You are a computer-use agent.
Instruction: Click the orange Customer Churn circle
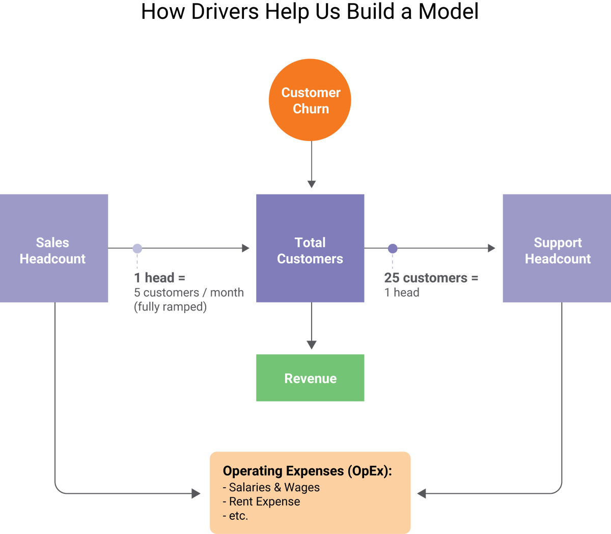pyautogui.click(x=310, y=100)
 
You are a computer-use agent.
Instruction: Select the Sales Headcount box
pyautogui.click(x=53, y=248)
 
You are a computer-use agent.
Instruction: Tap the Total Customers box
pyautogui.click(x=310, y=248)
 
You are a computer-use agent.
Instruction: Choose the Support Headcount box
pyautogui.click(x=557, y=248)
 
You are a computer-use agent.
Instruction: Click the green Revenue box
pyautogui.click(x=310, y=378)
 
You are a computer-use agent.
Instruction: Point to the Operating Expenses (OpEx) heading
pyautogui.click(x=307, y=471)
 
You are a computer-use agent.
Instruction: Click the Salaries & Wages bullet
pyautogui.click(x=271, y=487)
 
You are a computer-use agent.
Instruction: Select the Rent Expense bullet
pyautogui.click(x=262, y=501)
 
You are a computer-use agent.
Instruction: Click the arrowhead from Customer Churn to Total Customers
pyautogui.click(x=312, y=183)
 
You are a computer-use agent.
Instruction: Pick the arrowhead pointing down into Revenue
pyautogui.click(x=312, y=344)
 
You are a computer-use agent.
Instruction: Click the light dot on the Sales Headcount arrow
pyautogui.click(x=137, y=248)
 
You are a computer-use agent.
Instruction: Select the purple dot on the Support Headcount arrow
pyautogui.click(x=393, y=248)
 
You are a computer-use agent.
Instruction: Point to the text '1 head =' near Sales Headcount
pyautogui.click(x=159, y=278)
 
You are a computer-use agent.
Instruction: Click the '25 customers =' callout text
pyautogui.click(x=431, y=278)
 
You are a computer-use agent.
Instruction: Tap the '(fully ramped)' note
pyautogui.click(x=170, y=307)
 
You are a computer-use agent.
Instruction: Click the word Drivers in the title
pyautogui.click(x=225, y=12)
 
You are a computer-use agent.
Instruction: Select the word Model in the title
pyautogui.click(x=448, y=12)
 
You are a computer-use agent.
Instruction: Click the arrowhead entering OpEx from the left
pyautogui.click(x=196, y=493)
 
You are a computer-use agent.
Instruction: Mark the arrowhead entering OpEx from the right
pyautogui.click(x=422, y=493)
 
